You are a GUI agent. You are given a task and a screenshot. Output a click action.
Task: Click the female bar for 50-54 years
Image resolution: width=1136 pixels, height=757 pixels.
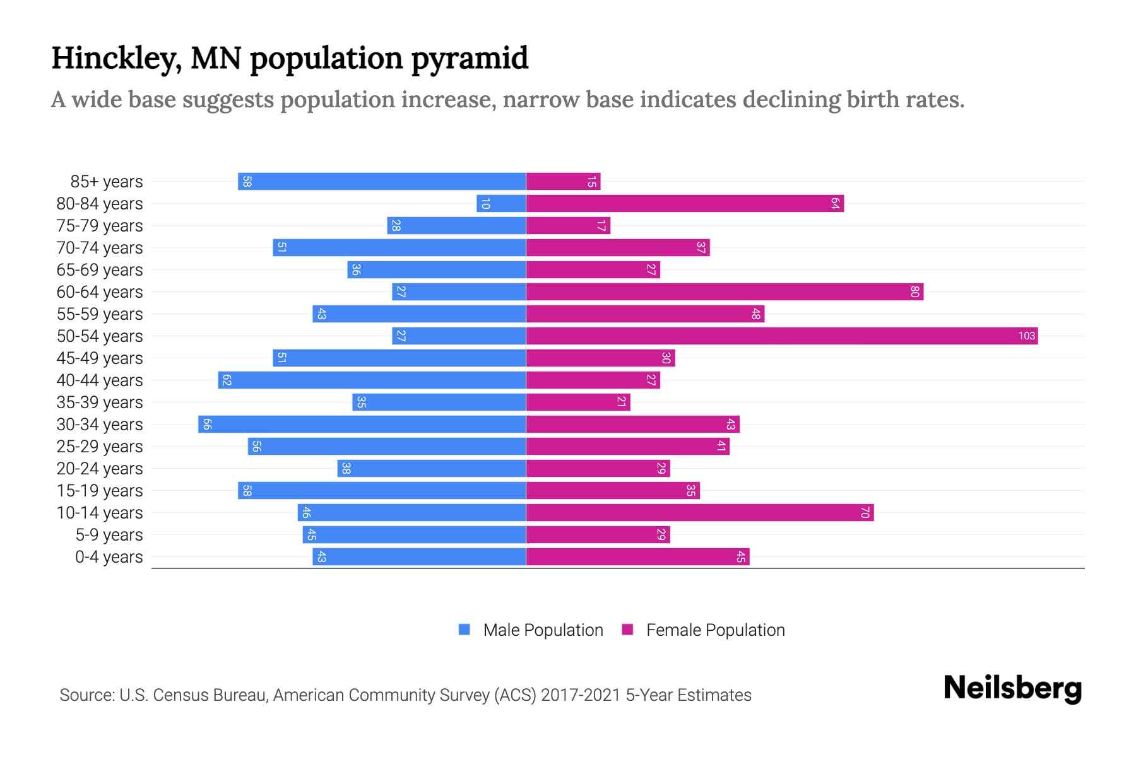tap(781, 336)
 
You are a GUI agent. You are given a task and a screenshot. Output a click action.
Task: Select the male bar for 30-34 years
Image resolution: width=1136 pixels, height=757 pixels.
tap(362, 424)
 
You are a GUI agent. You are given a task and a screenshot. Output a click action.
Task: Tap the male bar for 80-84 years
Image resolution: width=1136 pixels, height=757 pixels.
tap(501, 203)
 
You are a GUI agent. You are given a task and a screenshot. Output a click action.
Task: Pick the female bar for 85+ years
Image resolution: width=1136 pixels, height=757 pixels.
tap(563, 181)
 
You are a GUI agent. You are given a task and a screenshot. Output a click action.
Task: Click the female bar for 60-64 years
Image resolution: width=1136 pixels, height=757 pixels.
tap(725, 291)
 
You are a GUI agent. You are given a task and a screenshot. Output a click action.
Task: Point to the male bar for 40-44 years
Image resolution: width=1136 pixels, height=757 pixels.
tap(372, 380)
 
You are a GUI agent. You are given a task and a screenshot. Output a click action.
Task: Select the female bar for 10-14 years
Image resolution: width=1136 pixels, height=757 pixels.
tap(699, 512)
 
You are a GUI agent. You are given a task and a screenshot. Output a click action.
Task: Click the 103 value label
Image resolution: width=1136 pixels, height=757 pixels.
tap(1026, 336)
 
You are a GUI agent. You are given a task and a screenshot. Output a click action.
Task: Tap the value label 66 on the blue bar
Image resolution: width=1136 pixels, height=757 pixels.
tap(207, 424)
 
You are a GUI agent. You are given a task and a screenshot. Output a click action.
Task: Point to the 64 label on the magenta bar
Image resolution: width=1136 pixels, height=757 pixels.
tap(834, 203)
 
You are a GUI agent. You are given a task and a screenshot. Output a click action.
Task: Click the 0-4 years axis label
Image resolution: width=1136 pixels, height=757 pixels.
tap(109, 557)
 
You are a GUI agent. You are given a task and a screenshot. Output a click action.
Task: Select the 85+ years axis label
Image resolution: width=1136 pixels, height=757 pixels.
tap(106, 182)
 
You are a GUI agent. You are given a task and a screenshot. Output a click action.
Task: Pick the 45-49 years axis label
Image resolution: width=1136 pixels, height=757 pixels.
tap(100, 358)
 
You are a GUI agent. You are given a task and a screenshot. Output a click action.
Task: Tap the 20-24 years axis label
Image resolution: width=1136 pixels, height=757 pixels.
tap(100, 469)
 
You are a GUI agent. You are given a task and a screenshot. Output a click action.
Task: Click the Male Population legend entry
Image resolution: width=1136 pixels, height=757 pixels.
tap(543, 630)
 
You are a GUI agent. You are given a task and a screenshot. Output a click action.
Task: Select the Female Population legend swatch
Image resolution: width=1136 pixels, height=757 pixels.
tap(627, 630)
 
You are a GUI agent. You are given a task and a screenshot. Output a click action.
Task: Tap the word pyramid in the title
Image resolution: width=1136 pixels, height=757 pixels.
tap(470, 58)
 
